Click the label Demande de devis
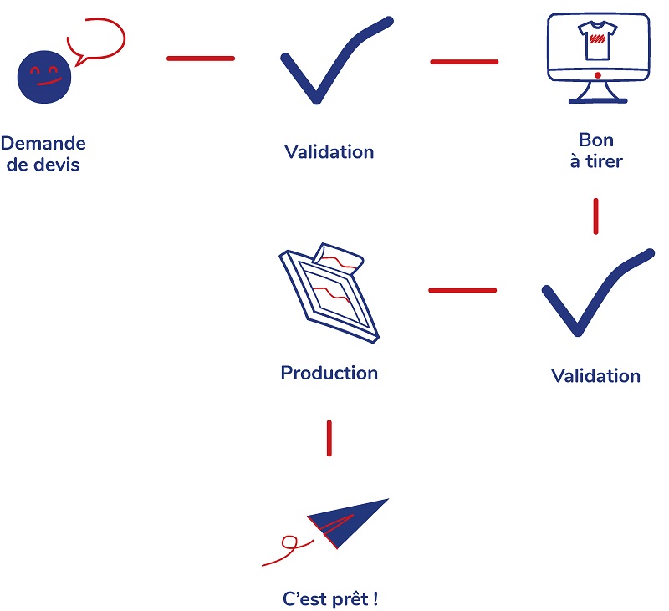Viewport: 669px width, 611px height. click(x=43, y=154)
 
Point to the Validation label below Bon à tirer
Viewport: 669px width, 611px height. click(x=595, y=375)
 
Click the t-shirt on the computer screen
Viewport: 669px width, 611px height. click(x=597, y=42)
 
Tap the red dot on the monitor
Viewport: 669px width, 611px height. click(x=597, y=76)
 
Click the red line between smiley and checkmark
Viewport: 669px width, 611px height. click(x=201, y=58)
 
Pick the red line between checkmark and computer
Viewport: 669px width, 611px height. click(x=464, y=61)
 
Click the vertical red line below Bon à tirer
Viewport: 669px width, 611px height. click(x=595, y=216)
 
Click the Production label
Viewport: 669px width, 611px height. click(x=329, y=373)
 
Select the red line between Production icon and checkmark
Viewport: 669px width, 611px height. click(x=462, y=290)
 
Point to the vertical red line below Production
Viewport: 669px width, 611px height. click(x=329, y=438)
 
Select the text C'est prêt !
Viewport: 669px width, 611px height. click(x=329, y=598)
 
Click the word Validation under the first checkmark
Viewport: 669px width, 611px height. click(x=329, y=151)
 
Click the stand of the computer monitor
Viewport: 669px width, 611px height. click(x=597, y=94)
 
